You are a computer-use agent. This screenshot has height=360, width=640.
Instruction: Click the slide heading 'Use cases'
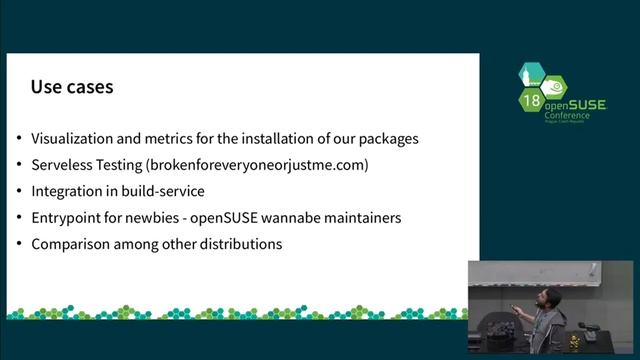point(71,87)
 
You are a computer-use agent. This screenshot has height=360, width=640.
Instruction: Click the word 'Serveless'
point(62,164)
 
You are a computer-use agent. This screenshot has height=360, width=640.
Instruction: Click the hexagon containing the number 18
point(531,100)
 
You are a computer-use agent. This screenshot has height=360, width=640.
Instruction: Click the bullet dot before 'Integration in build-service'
point(21,191)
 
